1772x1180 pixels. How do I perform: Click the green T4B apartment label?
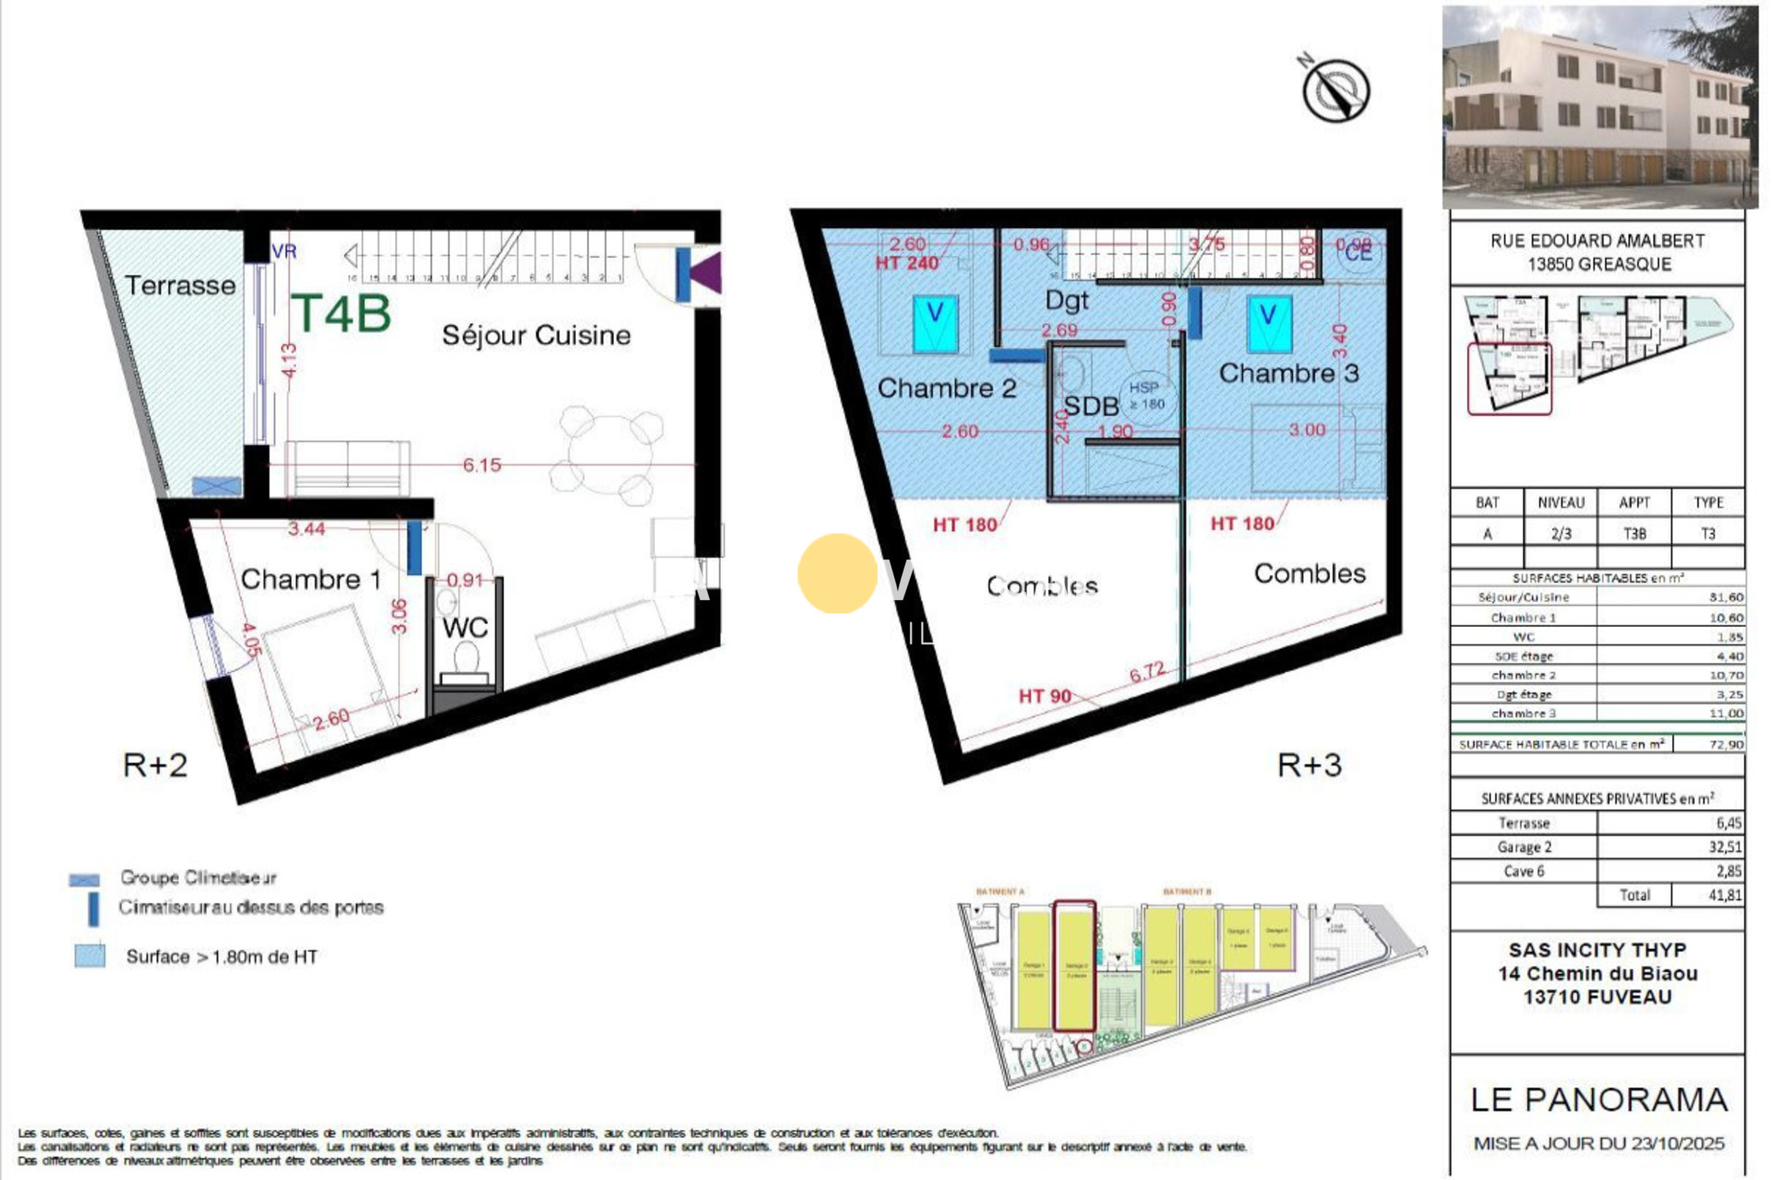click(341, 314)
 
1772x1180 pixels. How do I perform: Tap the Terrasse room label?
click(180, 285)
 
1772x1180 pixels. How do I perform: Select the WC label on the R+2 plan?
click(465, 628)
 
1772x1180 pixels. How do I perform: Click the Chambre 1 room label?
click(310, 579)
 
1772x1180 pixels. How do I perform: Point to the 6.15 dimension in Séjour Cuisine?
click(482, 465)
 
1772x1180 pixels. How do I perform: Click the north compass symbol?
click(1335, 90)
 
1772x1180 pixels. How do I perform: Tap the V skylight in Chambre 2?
click(935, 322)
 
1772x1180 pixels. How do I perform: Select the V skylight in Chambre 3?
click(1269, 323)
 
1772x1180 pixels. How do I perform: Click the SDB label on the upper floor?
click(1090, 406)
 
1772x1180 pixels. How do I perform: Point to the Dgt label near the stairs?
click(1067, 300)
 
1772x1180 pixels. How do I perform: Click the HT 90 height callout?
click(1045, 696)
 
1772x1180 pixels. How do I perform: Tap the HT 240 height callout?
click(906, 263)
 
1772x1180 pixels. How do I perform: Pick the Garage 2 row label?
click(1524, 847)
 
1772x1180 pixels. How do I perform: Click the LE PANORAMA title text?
click(1598, 1100)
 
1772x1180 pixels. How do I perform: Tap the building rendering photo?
click(1598, 106)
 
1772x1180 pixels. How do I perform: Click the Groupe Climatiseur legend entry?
click(198, 877)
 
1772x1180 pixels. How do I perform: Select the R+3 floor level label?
click(1309, 765)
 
